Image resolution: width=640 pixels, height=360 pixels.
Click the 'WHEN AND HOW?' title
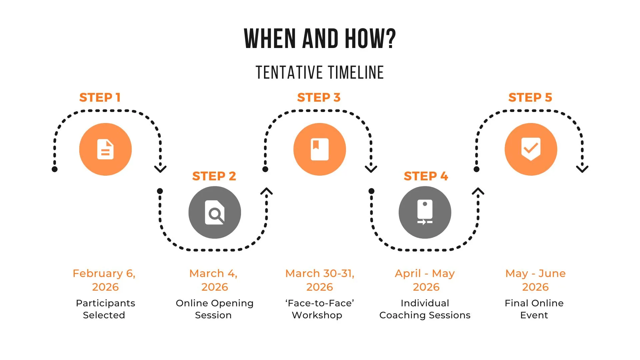click(320, 39)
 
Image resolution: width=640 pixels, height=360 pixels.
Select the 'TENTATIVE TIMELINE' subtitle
click(320, 73)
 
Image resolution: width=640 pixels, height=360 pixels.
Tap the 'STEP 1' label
click(100, 97)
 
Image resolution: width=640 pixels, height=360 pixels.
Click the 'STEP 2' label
click(214, 176)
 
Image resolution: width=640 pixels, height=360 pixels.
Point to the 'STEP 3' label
click(319, 97)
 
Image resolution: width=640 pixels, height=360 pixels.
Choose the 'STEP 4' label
click(426, 176)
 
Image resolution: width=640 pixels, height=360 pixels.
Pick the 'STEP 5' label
click(530, 97)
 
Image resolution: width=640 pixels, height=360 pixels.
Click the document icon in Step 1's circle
click(105, 149)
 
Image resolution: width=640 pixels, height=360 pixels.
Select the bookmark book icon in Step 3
click(320, 149)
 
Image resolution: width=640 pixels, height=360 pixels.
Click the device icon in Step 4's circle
click(425, 212)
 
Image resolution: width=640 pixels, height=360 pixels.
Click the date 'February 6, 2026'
click(104, 280)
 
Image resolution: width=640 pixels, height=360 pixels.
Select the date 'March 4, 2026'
click(214, 280)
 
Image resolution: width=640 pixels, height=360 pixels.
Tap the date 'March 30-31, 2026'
click(320, 280)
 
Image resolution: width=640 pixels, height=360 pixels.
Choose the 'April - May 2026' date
click(425, 280)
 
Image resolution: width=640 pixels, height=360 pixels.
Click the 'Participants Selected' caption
click(105, 309)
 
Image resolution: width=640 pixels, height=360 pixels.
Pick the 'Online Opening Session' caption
click(214, 309)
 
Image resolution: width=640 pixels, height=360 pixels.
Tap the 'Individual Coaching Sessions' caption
click(425, 309)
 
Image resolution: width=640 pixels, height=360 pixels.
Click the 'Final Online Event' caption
click(534, 309)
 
